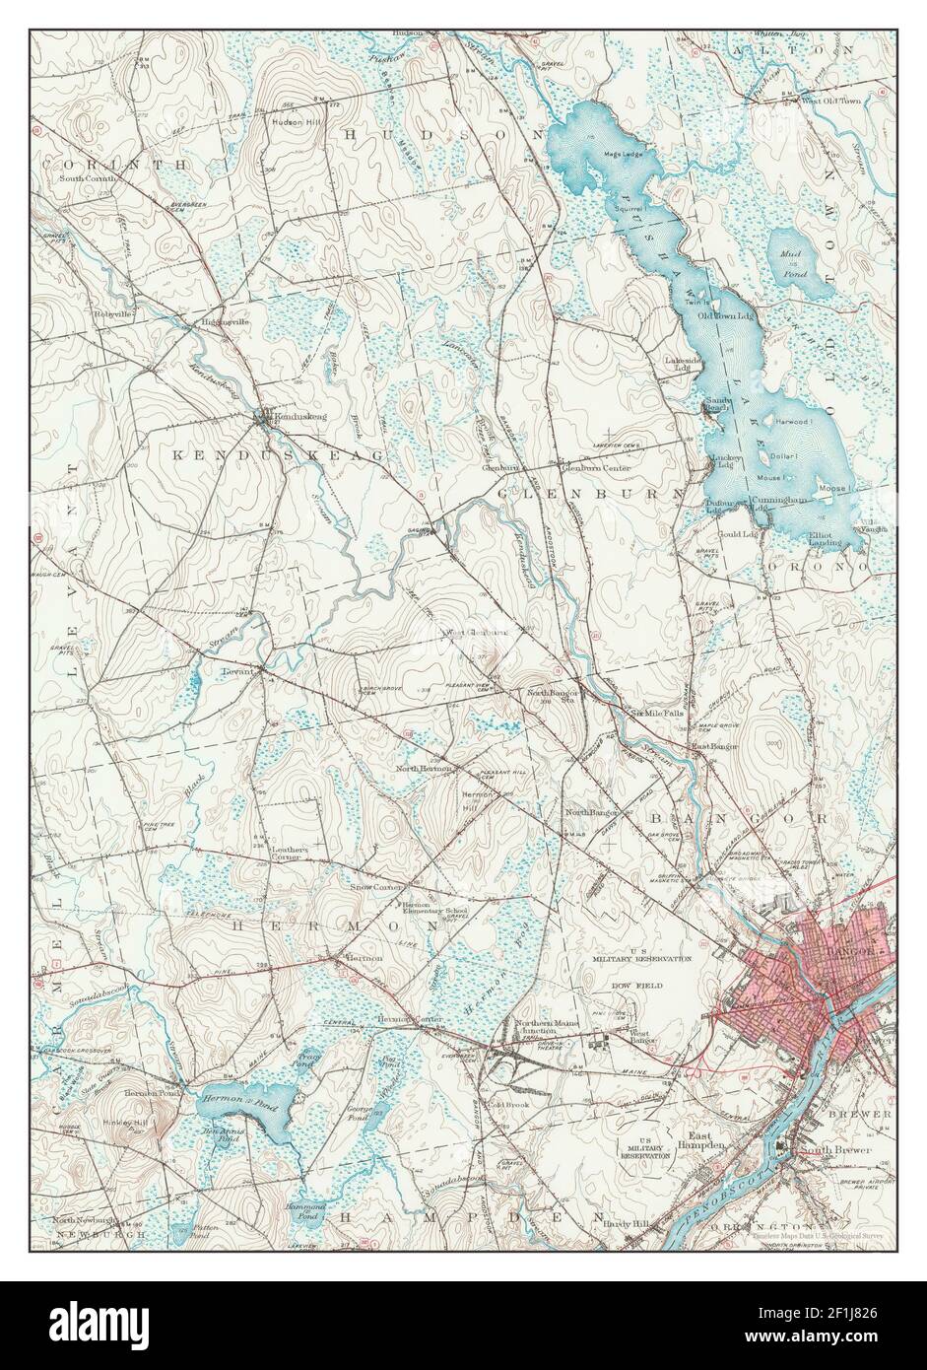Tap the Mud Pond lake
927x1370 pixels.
[x=797, y=262]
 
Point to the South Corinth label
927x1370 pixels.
[x=90, y=178]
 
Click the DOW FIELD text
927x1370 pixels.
[x=638, y=985]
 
